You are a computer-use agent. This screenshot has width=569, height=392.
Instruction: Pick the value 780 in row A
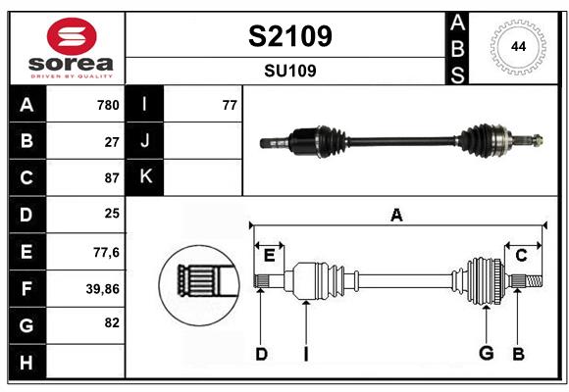point(108,105)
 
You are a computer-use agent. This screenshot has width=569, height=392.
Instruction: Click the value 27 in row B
point(112,141)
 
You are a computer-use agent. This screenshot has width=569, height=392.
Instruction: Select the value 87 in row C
point(112,178)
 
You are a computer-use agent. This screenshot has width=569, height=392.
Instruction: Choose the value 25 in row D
point(112,214)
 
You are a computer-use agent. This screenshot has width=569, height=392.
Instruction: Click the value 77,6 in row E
point(106,252)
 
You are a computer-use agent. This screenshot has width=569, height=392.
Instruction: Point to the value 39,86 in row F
point(102,289)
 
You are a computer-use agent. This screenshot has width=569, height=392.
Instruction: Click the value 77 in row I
point(230,105)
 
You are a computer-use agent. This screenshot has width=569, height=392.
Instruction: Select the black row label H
point(26,363)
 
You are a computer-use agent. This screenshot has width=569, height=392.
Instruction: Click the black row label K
point(145,177)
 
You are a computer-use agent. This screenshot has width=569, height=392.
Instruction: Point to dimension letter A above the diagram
point(396,215)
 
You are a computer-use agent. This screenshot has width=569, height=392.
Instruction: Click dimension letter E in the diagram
point(269,255)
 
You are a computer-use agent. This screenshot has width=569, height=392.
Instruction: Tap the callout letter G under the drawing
point(485,354)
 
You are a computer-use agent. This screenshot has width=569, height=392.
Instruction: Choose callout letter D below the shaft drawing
point(261,354)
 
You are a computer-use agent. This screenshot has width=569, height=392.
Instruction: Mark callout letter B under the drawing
point(519,354)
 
